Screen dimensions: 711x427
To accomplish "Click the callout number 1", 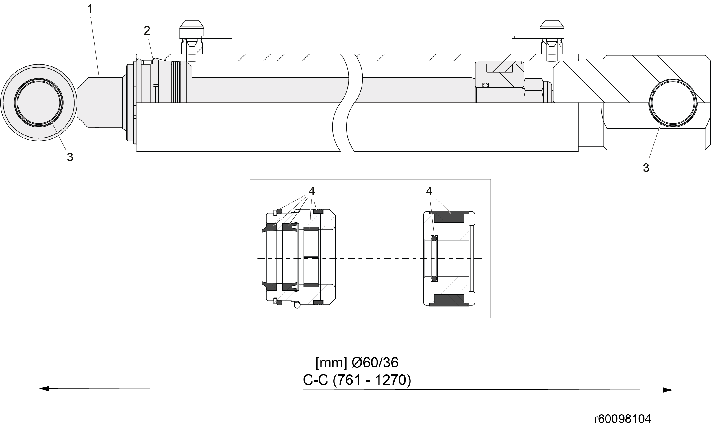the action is pos(90,9).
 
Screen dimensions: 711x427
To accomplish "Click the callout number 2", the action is pos(147,31).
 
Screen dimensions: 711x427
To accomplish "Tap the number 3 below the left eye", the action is pos(70,157).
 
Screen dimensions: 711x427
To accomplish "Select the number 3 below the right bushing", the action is pos(646,168).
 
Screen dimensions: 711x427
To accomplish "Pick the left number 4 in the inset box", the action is pos(311,191).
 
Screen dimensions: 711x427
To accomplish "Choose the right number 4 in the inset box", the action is pos(429,191).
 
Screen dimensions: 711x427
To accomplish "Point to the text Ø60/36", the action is pos(375,363).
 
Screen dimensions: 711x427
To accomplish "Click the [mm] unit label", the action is pos(331,363).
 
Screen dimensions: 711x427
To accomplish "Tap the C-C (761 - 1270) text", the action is pos(357,380).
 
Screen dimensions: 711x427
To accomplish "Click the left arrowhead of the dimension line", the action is pos(44,389).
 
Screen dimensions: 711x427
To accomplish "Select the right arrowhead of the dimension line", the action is pos(668,390).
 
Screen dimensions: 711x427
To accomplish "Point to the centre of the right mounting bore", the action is pos(673,103).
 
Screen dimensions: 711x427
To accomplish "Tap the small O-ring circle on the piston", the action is pos(485,85).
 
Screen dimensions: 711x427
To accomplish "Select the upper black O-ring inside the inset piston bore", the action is pos(434,238).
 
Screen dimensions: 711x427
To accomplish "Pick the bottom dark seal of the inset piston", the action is pos(449,300).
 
